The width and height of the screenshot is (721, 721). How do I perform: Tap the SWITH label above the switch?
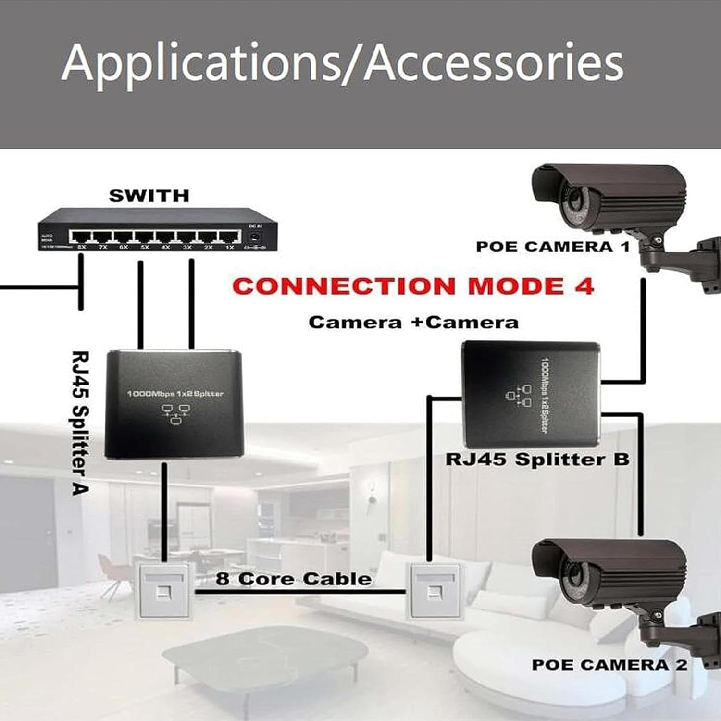tap(149, 196)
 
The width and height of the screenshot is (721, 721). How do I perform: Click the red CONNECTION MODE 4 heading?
tap(413, 286)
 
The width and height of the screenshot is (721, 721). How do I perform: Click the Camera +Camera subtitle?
tap(413, 322)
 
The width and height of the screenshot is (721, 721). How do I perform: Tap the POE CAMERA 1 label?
tap(552, 247)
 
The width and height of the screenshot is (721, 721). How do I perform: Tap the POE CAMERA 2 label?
tap(609, 665)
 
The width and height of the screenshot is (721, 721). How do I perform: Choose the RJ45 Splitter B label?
tap(537, 459)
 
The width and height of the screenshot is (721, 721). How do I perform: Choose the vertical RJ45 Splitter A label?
tap(80, 423)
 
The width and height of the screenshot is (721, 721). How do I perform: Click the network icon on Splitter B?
tap(519, 397)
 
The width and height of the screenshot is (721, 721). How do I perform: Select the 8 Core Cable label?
tap(293, 578)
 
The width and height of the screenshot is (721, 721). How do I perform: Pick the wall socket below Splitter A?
tap(163, 591)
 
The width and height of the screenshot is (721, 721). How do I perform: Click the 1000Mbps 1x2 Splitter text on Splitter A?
tap(175, 394)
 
